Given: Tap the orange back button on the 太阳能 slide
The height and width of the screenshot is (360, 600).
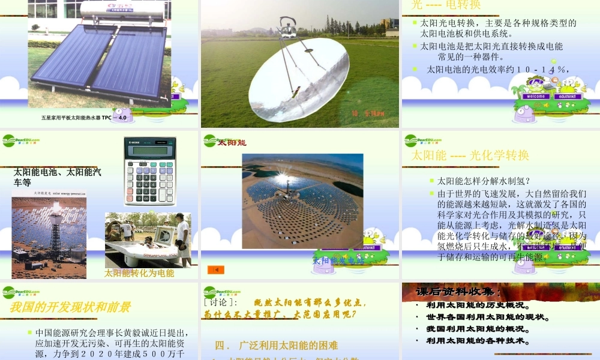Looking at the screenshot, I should (x=215, y=269).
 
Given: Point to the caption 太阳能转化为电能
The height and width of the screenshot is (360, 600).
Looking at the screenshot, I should (x=139, y=274).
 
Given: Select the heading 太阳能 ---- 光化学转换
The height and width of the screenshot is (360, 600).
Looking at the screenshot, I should (x=470, y=155).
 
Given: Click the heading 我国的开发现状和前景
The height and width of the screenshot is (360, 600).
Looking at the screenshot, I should (x=70, y=307).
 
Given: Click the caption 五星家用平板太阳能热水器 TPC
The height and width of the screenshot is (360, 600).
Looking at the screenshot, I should (x=84, y=118).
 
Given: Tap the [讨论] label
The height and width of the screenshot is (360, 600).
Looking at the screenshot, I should (x=221, y=303).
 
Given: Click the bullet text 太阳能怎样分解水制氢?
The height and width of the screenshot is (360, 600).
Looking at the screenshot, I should (x=484, y=181).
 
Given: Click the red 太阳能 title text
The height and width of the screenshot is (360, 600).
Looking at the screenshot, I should (x=232, y=143).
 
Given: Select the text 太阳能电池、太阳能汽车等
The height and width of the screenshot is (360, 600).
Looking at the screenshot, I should (x=57, y=178).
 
